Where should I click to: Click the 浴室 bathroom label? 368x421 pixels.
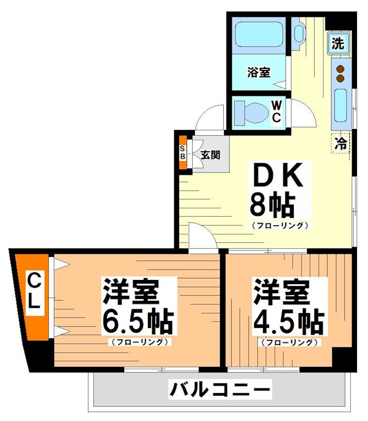(259, 73)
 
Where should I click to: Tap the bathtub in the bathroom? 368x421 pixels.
(260, 35)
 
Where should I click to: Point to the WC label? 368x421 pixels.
(276, 111)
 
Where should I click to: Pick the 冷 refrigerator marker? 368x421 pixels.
(342, 143)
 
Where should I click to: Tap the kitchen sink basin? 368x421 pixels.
(341, 105)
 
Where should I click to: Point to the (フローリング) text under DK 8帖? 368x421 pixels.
(279, 226)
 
